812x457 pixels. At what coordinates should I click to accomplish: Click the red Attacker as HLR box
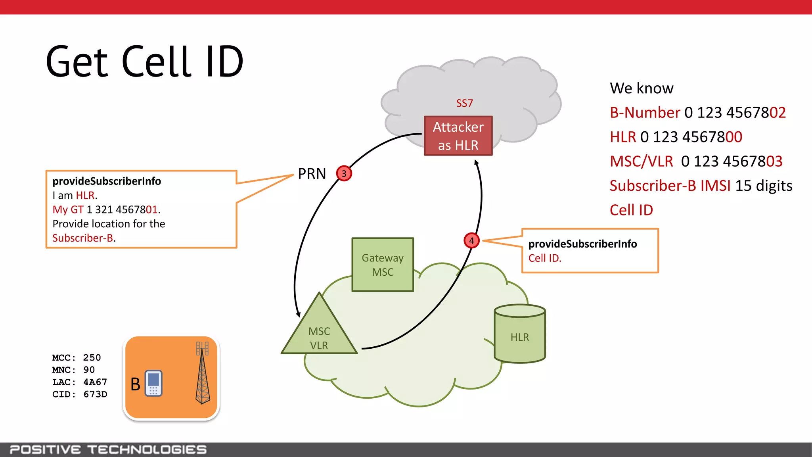[x=458, y=136]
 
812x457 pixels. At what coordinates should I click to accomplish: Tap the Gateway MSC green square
[x=383, y=265]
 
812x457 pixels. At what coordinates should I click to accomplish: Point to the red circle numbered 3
[x=344, y=173]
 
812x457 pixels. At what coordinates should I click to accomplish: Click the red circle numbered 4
[x=471, y=240]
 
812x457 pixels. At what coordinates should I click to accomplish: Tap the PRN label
[x=312, y=174]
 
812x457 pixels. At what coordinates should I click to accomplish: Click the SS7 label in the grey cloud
[x=464, y=104]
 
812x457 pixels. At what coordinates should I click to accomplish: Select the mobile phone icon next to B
[x=153, y=383]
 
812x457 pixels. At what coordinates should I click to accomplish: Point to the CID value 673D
[x=95, y=394]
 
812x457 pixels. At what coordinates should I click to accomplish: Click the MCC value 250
[x=92, y=358]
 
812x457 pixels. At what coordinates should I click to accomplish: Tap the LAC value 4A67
[x=95, y=382]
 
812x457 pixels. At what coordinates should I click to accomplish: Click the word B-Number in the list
[x=645, y=113]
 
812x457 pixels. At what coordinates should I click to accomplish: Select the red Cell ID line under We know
[x=631, y=210]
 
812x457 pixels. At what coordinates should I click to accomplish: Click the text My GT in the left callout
[x=68, y=209]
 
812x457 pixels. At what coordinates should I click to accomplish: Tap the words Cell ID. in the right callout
[x=545, y=258]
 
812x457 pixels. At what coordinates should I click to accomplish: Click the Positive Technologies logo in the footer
[x=108, y=450]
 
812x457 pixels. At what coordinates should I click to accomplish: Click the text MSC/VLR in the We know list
[x=641, y=161]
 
